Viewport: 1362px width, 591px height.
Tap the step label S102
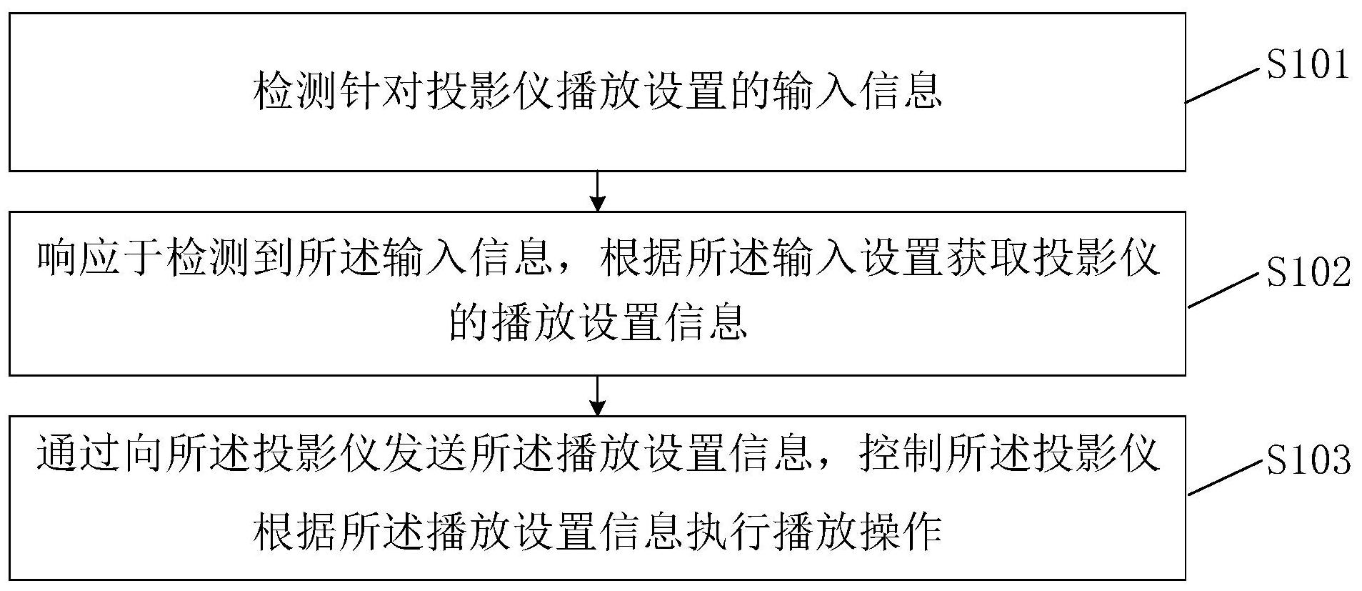tap(1308, 272)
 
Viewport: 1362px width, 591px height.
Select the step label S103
tap(1308, 460)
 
